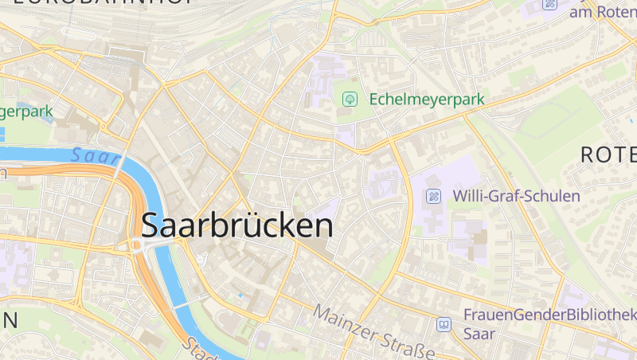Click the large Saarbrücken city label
(237, 226)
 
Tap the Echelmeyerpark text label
(426, 100)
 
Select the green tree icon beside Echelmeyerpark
(349, 100)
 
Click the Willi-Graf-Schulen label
(516, 195)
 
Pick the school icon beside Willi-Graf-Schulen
(433, 196)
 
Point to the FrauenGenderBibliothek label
(549, 315)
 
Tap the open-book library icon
(444, 324)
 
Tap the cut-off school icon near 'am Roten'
(549, 4)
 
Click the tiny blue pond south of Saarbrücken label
(240, 296)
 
